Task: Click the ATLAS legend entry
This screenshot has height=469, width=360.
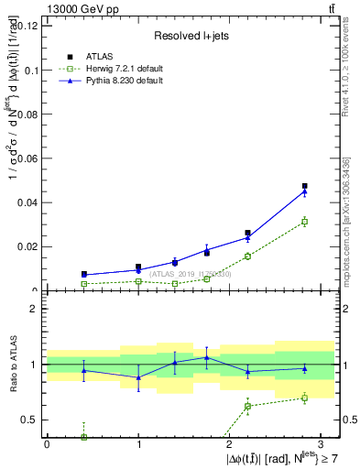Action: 99,57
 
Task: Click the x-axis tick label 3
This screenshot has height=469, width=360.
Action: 321,443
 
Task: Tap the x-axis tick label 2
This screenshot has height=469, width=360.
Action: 230,443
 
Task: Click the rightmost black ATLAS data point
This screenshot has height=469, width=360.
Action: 305,186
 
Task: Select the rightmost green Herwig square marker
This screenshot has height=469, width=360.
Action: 305,222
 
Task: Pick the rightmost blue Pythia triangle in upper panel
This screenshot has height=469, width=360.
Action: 305,191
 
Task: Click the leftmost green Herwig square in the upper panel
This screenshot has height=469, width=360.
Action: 84,284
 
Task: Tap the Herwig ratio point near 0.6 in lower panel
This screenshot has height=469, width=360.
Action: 247,406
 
